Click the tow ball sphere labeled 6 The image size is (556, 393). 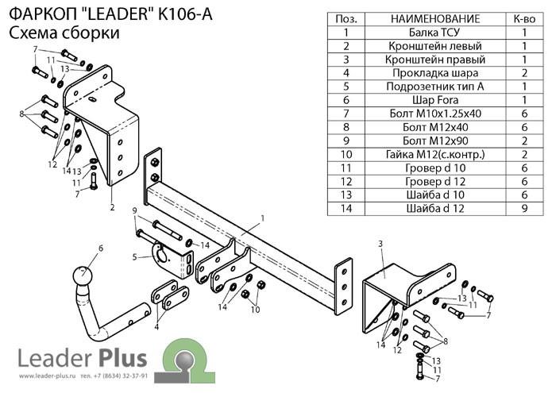[83, 275]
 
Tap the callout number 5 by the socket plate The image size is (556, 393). [135, 256]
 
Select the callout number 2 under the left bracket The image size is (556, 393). [113, 207]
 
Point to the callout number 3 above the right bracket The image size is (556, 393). [380, 244]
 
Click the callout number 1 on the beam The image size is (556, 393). [263, 218]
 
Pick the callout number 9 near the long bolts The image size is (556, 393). [134, 211]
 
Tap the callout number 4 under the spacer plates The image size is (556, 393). [156, 327]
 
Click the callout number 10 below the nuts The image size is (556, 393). [255, 310]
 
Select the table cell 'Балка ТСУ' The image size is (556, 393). [434, 33]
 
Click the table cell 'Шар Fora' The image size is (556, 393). [434, 100]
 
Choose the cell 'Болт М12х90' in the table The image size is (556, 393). [434, 141]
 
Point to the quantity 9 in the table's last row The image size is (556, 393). [524, 208]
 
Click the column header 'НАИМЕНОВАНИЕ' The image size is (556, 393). [435, 19]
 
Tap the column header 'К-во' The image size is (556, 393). [524, 19]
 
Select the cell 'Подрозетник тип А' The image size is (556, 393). [434, 87]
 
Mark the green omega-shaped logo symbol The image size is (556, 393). [189, 360]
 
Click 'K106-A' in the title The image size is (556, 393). [185, 14]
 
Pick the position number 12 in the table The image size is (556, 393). [346, 182]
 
